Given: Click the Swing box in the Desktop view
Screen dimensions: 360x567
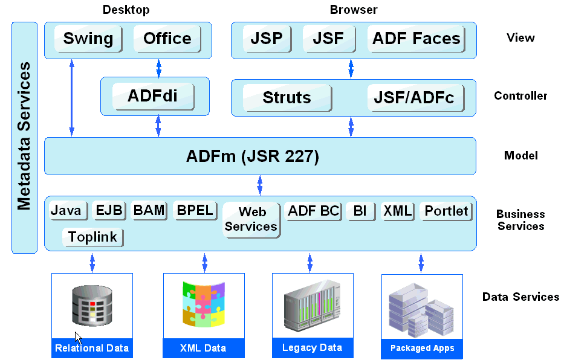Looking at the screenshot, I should pyautogui.click(x=88, y=39).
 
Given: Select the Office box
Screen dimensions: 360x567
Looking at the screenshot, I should pyautogui.click(x=167, y=39).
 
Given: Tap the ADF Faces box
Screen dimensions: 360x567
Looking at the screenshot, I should pyautogui.click(x=416, y=39).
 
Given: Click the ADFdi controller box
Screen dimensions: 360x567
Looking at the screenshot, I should pyautogui.click(x=153, y=96).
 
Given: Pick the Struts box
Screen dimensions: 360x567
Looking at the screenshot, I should pyautogui.click(x=287, y=98).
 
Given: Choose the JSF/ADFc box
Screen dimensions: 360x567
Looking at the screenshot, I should pyautogui.click(x=414, y=98).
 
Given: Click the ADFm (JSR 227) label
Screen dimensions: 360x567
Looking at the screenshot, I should pyautogui.click(x=252, y=156).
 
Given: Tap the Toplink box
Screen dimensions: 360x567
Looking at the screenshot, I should pyautogui.click(x=92, y=237).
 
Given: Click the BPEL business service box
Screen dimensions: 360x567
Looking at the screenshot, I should pyautogui.click(x=194, y=210).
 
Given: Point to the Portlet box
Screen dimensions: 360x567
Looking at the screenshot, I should pyautogui.click(x=446, y=211).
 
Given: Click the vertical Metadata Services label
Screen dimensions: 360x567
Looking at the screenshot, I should pyautogui.click(x=24, y=136).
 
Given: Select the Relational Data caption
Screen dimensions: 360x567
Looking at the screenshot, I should pyautogui.click(x=92, y=348).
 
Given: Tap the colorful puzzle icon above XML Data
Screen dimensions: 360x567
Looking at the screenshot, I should pyautogui.click(x=204, y=305).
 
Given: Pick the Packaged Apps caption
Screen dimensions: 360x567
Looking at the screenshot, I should pyautogui.click(x=422, y=348).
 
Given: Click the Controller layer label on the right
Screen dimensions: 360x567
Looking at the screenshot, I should pyautogui.click(x=520, y=96).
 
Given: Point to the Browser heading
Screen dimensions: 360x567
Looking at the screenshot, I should pyautogui.click(x=354, y=10).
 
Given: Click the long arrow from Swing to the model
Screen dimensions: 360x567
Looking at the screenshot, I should pyautogui.click(x=72, y=97).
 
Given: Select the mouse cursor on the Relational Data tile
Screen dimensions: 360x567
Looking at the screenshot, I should pyautogui.click(x=78, y=338).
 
